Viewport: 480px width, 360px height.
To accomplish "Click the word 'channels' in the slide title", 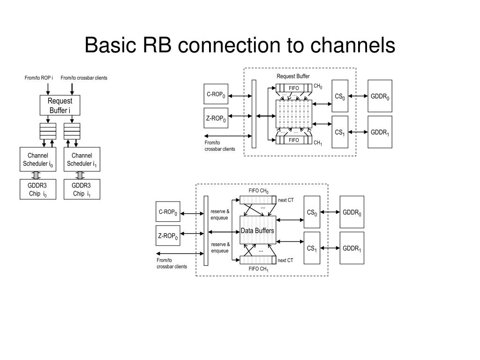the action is pyautogui.click(x=352, y=45).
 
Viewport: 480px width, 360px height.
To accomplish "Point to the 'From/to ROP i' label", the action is pyautogui.click(x=38, y=78).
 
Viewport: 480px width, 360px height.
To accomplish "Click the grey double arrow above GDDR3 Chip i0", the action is pyautogui.click(x=37, y=175).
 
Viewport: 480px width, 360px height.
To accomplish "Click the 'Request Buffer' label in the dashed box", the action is pyautogui.click(x=293, y=76).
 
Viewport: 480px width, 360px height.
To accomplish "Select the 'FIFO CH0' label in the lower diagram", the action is pyautogui.click(x=259, y=191).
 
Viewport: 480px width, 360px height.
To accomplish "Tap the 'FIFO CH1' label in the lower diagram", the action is pyautogui.click(x=259, y=269).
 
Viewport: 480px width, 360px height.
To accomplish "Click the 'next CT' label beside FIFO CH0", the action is pyautogui.click(x=285, y=200).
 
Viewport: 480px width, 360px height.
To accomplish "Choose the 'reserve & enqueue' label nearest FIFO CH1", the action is pyautogui.click(x=220, y=247).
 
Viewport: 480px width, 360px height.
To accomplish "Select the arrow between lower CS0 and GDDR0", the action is pyautogui.click(x=330, y=212).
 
